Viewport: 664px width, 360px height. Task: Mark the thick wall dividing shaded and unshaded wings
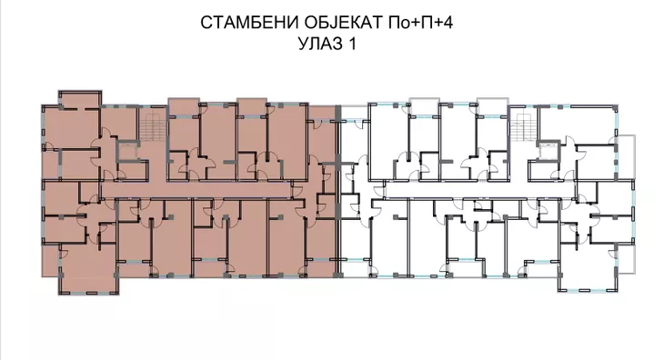(x=337, y=195)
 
